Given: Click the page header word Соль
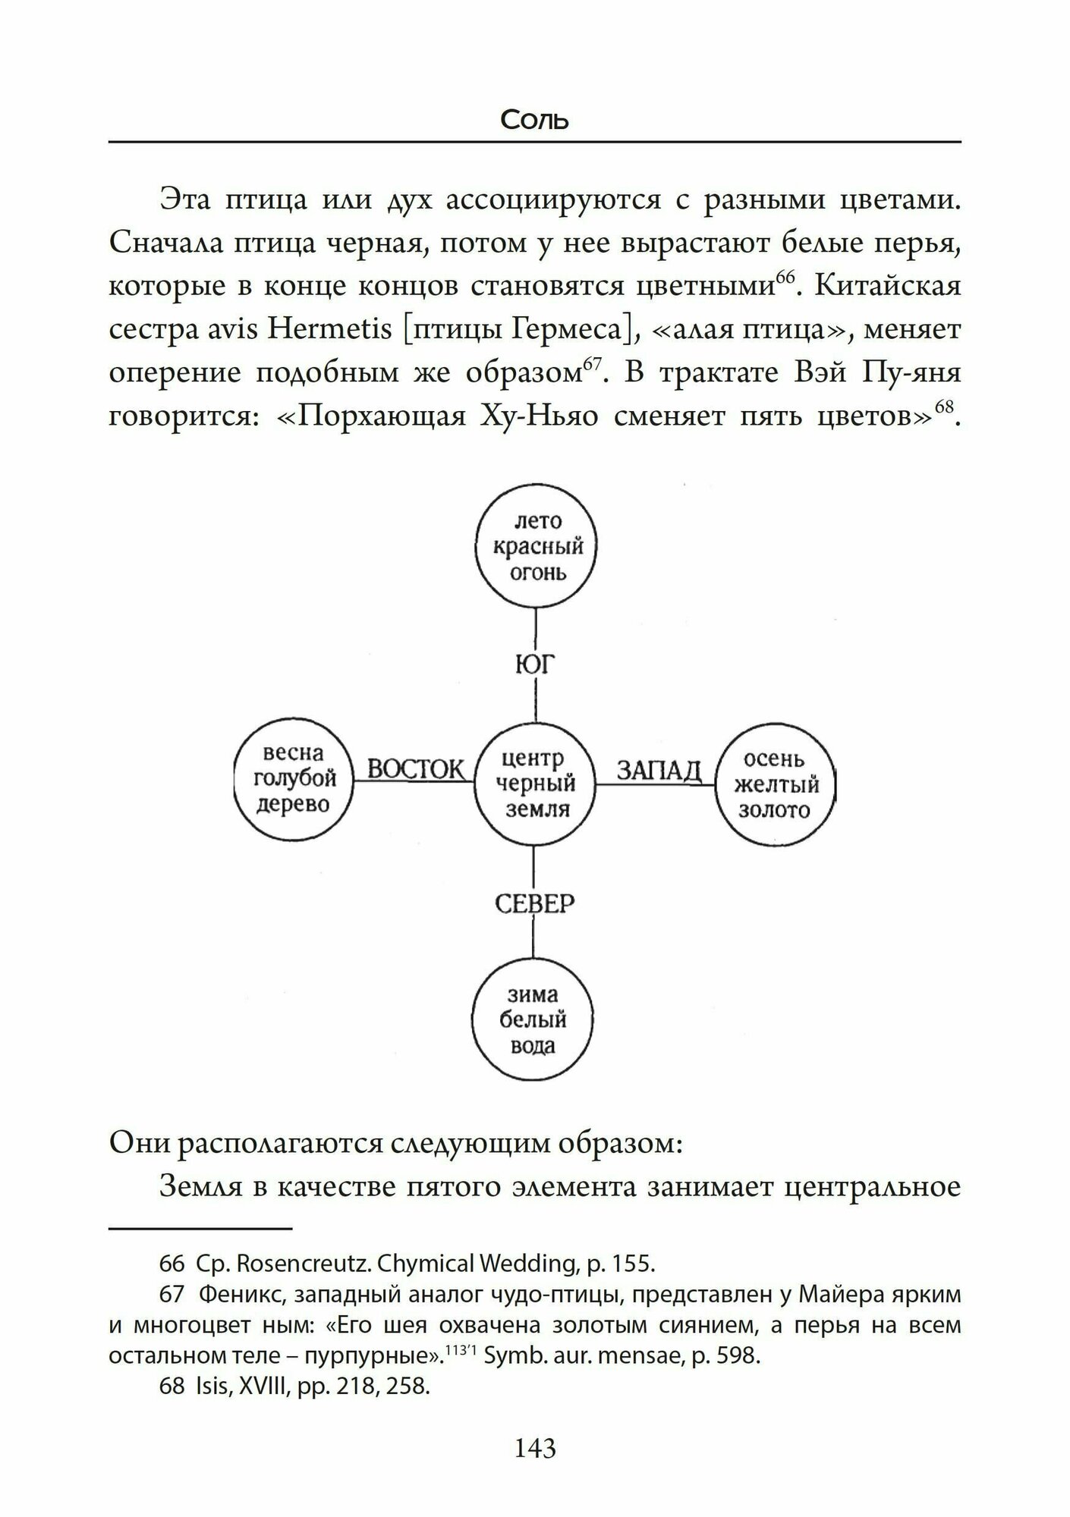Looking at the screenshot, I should coord(534,120).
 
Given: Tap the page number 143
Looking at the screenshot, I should coord(535,1448).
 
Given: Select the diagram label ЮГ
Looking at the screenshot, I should coord(535,664).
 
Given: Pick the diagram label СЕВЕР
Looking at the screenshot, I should coord(534,903).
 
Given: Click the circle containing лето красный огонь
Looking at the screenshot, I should coord(537,548).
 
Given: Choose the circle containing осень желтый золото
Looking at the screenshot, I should coord(776,784).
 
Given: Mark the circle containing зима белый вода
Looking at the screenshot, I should coord(533,1019).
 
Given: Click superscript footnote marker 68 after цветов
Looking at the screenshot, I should coord(943,407).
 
